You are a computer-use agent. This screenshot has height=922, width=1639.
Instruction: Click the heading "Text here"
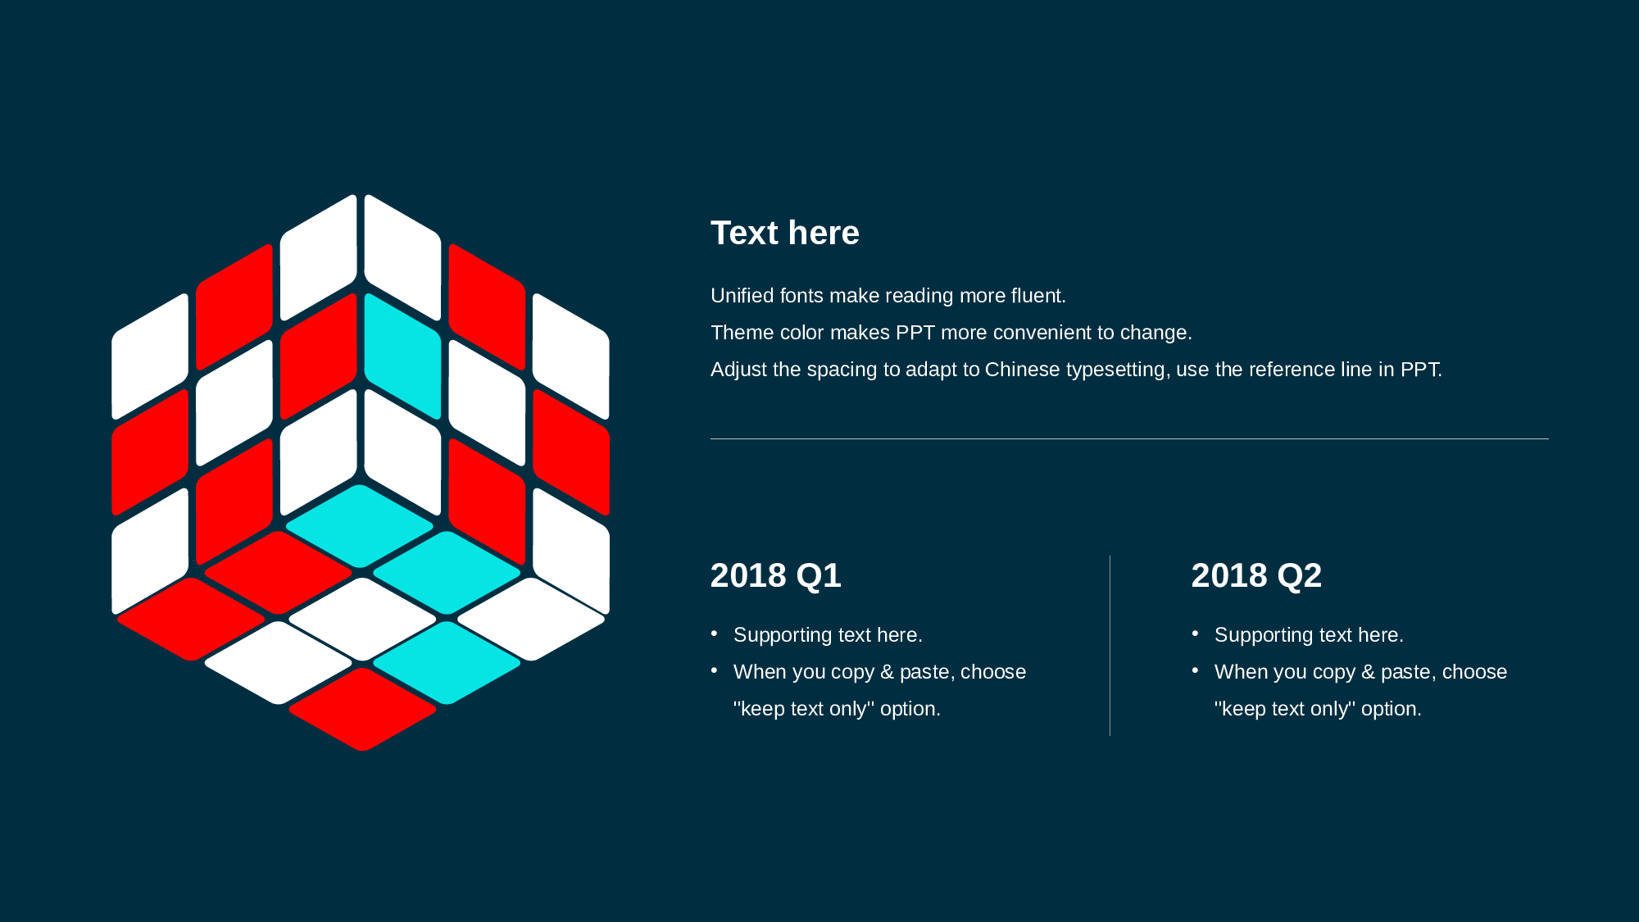(784, 233)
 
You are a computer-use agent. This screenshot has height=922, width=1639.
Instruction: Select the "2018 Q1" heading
(775, 575)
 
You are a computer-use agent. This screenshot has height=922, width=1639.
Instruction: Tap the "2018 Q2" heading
(1256, 575)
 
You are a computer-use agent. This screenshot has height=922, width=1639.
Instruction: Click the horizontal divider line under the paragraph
(1129, 438)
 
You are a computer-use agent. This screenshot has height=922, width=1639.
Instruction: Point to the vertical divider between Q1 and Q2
(1110, 646)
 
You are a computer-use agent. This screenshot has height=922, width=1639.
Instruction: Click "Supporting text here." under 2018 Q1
(828, 635)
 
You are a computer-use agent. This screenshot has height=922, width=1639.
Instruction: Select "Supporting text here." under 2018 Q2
(1309, 635)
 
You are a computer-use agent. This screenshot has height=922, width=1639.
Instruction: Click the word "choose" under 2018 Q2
(1474, 672)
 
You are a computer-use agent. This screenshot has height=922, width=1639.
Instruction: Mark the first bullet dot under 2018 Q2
(1196, 634)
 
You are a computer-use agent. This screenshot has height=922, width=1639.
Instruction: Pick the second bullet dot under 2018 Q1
(715, 670)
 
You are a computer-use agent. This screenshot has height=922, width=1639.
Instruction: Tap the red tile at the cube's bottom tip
(362, 710)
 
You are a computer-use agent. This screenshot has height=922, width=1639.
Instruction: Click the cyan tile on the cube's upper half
(402, 357)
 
